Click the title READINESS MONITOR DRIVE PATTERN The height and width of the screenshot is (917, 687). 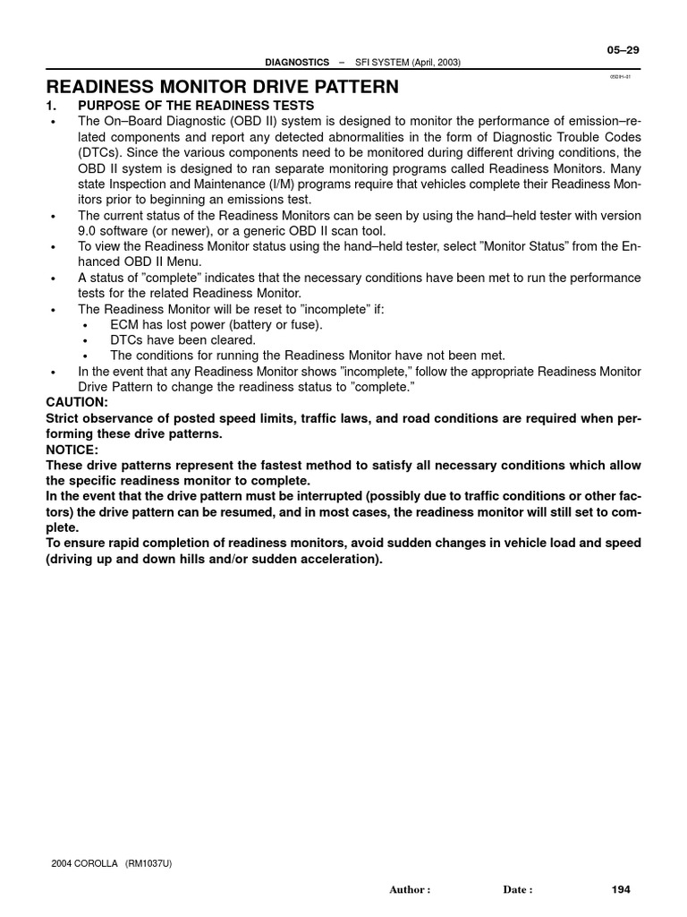(223, 87)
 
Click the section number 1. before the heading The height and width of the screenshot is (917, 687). (52, 106)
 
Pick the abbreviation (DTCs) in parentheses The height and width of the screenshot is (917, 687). (101, 151)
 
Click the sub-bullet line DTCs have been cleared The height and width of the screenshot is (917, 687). (182, 339)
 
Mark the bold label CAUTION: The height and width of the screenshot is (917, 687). (76, 402)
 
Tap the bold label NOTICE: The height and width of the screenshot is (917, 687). (72, 449)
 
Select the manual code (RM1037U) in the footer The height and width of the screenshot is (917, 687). (155, 863)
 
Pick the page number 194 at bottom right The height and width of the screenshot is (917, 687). (621, 889)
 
